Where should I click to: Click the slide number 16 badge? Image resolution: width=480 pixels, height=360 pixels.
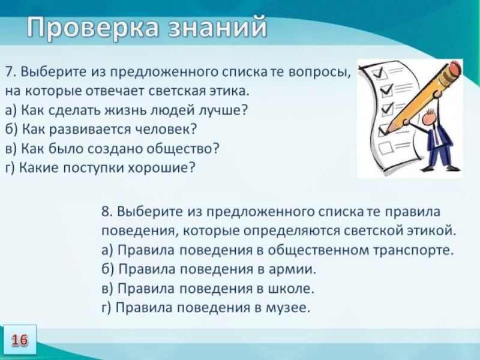tap(19, 340)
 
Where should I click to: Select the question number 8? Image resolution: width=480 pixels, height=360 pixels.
tap(106, 212)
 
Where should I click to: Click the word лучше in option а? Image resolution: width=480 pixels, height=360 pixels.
tap(221, 111)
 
